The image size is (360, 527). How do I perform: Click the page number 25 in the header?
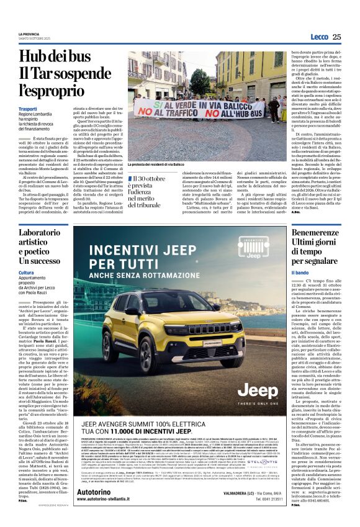click(x=337, y=37)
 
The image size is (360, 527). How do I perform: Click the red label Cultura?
click(x=26, y=273)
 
